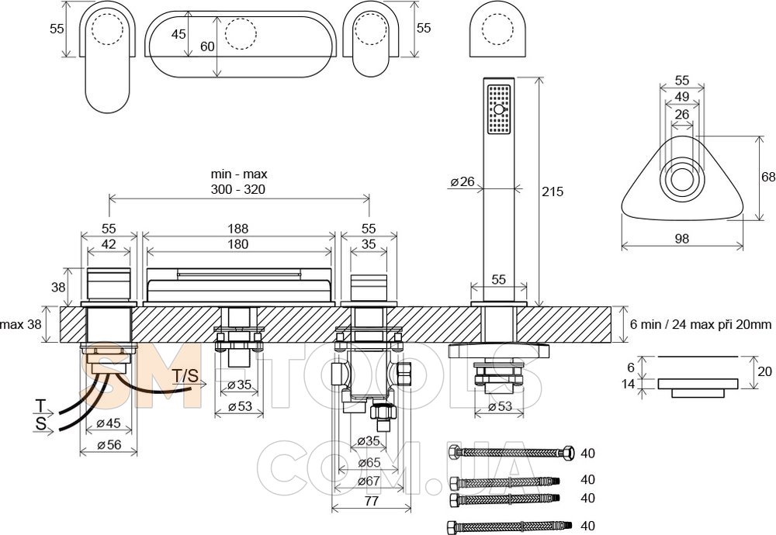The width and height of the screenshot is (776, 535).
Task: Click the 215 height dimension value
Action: [x=553, y=192]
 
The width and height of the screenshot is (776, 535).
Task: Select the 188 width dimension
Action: [x=238, y=229]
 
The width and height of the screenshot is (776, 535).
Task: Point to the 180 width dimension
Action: [x=238, y=245]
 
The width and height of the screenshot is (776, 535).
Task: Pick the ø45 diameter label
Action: [x=109, y=423]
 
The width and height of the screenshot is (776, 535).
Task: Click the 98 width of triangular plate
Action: [x=681, y=240]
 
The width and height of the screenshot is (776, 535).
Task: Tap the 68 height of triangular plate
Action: [x=767, y=177]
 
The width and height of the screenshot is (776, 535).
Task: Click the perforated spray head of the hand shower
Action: [x=498, y=111]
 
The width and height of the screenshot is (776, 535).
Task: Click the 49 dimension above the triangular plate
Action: [x=682, y=96]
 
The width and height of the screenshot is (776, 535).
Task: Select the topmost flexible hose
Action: [x=512, y=452]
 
